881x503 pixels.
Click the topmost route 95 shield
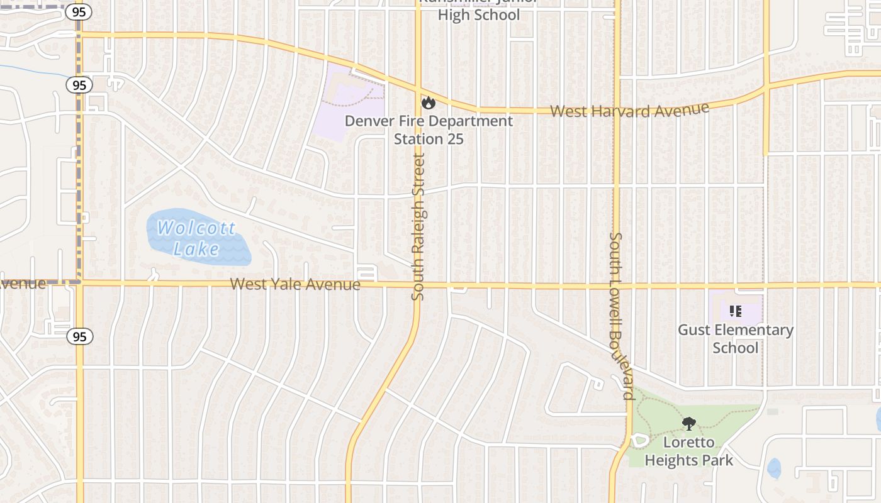(x=79, y=11)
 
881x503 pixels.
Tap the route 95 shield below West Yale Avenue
(x=79, y=337)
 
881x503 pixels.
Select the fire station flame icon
(x=429, y=102)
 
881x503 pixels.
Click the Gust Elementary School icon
(x=736, y=311)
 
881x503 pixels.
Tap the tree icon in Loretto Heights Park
(x=689, y=424)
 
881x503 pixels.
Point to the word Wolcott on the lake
(x=196, y=228)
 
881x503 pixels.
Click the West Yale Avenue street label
(x=295, y=284)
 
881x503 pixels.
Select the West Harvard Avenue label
(x=629, y=110)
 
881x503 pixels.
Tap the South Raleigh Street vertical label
(x=419, y=226)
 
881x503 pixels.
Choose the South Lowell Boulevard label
(x=620, y=316)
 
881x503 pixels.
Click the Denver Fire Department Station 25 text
(x=429, y=130)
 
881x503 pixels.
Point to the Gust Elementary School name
(x=735, y=338)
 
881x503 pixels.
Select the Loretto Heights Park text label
(x=688, y=451)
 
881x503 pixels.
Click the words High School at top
(x=478, y=14)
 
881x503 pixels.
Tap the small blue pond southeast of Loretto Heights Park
(x=774, y=468)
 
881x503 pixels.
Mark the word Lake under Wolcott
(x=196, y=250)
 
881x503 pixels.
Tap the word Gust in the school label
(x=695, y=330)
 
